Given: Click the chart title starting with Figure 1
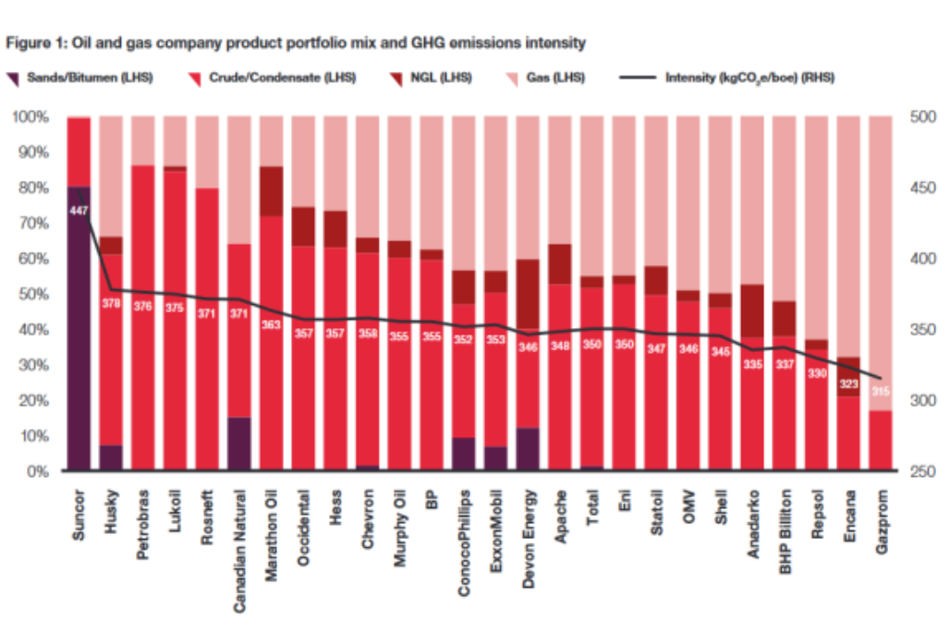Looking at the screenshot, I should tap(296, 43).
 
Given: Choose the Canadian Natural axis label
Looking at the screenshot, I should tap(239, 550).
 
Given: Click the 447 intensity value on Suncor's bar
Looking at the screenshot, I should tap(79, 212).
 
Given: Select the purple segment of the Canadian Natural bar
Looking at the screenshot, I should tap(239, 444).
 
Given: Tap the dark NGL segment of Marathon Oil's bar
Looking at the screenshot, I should tap(271, 191).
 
